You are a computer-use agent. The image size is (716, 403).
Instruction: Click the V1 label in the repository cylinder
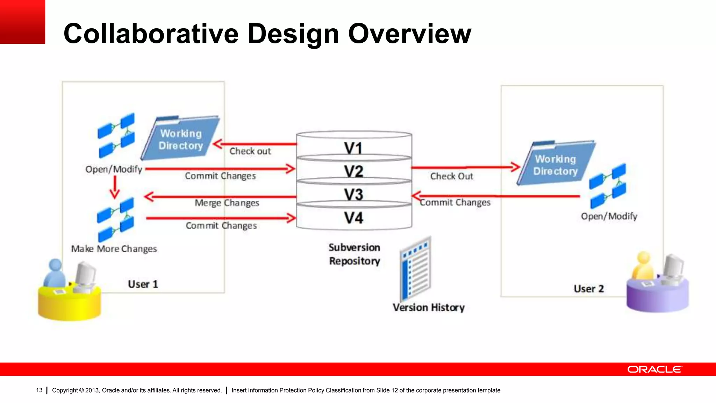[353, 148]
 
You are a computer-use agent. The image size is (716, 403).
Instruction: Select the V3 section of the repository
[353, 195]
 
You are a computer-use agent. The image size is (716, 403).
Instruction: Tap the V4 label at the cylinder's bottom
[353, 218]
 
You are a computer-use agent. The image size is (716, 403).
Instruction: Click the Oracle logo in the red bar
[654, 369]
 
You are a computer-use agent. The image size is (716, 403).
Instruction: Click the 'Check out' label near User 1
[250, 151]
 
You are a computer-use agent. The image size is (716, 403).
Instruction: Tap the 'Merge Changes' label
[227, 203]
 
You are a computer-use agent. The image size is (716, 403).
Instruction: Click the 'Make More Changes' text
[114, 249]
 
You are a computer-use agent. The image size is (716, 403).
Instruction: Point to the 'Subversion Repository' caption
[354, 254]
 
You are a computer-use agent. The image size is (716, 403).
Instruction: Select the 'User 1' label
[143, 284]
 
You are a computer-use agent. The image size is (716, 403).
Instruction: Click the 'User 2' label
[589, 289]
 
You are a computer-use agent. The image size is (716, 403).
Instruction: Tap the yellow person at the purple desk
[643, 266]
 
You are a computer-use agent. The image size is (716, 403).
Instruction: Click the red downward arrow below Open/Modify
[115, 187]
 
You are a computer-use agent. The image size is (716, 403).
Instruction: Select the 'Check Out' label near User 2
[451, 176]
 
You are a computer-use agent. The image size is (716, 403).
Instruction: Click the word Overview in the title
[409, 34]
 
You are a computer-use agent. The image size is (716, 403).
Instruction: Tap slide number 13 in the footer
[39, 390]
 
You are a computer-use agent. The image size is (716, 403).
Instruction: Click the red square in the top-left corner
[22, 22]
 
